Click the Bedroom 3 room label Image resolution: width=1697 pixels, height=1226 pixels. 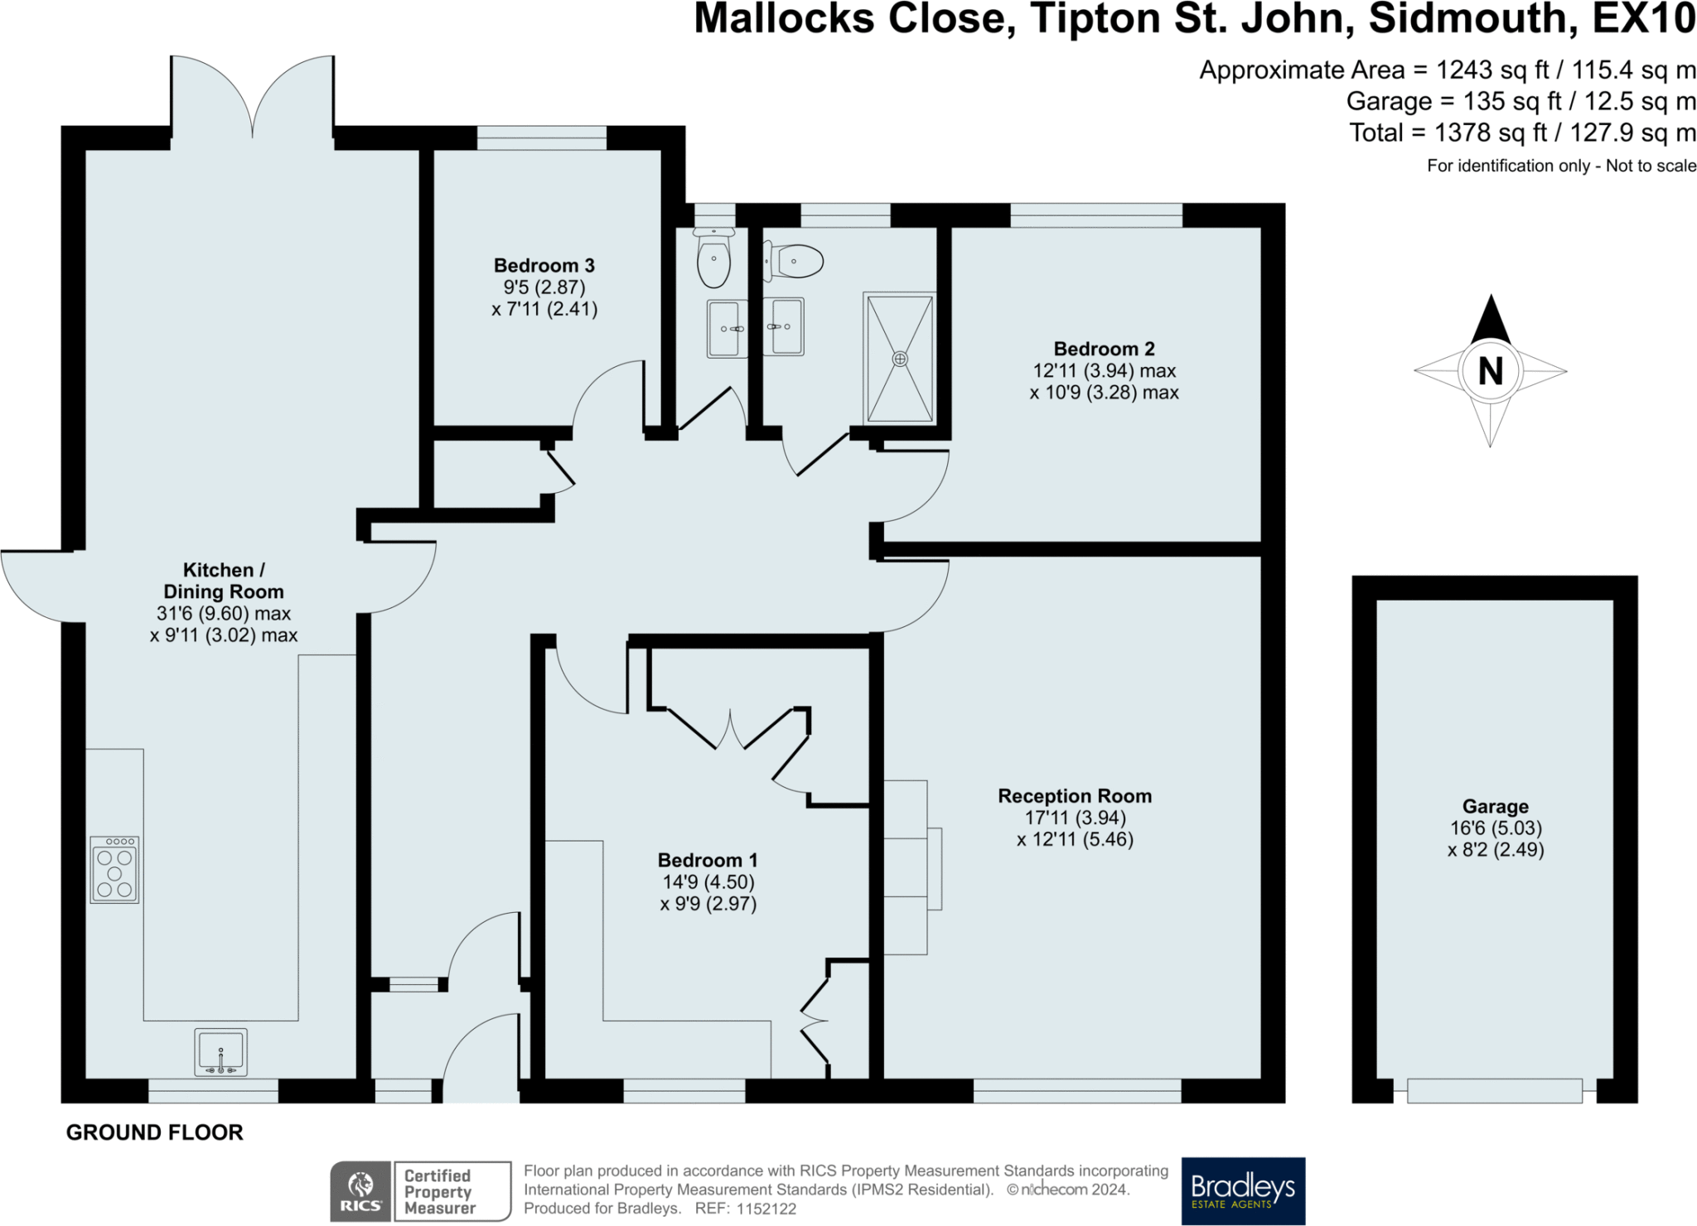(544, 266)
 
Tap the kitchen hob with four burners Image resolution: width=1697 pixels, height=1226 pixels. (114, 869)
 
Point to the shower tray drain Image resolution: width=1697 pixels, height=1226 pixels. (900, 359)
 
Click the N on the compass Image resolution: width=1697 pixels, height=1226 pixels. (1490, 371)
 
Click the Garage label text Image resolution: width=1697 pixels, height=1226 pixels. (1495, 806)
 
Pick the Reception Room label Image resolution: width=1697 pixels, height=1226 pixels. (1075, 796)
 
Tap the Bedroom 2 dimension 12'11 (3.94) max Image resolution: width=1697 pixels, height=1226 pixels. (1104, 370)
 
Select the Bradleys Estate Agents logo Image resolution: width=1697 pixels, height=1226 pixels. (1242, 1190)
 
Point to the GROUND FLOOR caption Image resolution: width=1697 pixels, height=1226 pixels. (154, 1132)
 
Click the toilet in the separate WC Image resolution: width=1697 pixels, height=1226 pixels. (713, 257)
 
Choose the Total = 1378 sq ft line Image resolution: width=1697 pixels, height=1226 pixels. (1522, 133)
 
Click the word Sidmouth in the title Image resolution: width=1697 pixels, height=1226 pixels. (1472, 18)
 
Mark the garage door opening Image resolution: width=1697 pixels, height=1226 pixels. (1494, 1090)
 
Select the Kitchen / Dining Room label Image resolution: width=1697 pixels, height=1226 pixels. (223, 581)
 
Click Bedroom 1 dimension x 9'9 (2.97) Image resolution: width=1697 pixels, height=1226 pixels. (708, 904)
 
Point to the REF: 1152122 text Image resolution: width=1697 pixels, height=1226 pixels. (745, 1209)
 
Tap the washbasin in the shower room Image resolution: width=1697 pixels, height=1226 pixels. (784, 326)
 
